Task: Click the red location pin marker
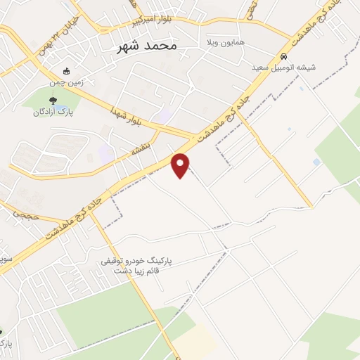coord(181,164)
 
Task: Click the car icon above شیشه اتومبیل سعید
coord(283,57)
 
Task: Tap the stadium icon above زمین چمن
coord(67,71)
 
